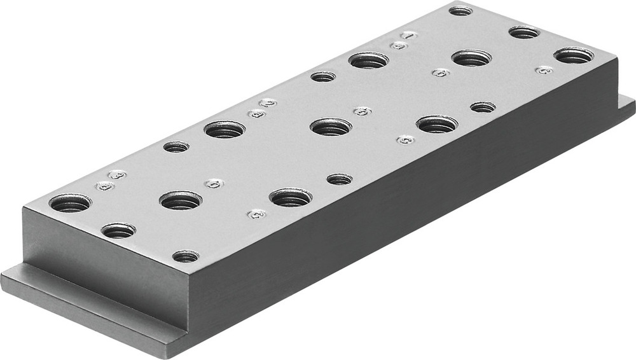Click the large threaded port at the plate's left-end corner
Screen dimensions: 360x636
pos(70,203)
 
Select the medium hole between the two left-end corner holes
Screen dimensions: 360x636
pos(118,230)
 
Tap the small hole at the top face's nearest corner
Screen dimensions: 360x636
pos(185,256)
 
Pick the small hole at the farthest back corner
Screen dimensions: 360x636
pos(460,10)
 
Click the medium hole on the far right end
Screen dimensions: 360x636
pos(524,32)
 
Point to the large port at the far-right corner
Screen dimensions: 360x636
pos(574,55)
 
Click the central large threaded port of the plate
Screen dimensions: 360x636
pos(331,126)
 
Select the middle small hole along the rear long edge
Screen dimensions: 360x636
pos(323,76)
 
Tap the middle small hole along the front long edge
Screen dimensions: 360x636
pos(340,179)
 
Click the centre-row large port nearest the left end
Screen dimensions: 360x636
pos(181,201)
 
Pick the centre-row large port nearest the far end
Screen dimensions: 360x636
pos(472,58)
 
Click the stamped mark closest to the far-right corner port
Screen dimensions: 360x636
pos(543,70)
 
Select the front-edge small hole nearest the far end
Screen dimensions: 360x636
pos(483,107)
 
